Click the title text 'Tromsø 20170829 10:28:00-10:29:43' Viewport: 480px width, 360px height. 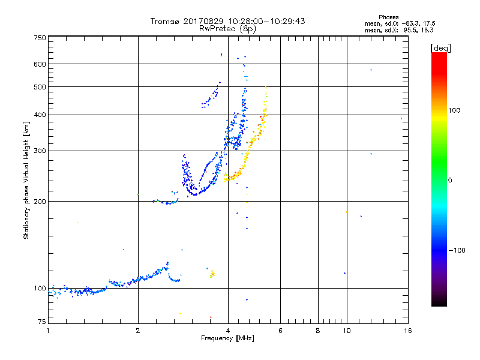pyautogui.click(x=228, y=21)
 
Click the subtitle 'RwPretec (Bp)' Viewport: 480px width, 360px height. pyautogui.click(x=228, y=28)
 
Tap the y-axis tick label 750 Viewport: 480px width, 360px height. pyautogui.click(x=40, y=38)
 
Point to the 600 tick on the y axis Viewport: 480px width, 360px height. pyautogui.click(x=40, y=64)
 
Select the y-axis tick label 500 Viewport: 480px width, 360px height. pyautogui.click(x=40, y=87)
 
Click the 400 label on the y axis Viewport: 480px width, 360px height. pyautogui.click(x=40, y=115)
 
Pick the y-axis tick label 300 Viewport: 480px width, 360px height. pyautogui.click(x=40, y=151)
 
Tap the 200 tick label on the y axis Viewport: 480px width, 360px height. pyautogui.click(x=40, y=202)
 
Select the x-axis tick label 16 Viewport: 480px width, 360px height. pyautogui.click(x=407, y=331)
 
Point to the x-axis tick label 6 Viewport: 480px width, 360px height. pyautogui.click(x=281, y=331)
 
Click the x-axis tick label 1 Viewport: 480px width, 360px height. pyautogui.click(x=49, y=331)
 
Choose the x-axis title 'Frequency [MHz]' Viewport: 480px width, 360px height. pyautogui.click(x=228, y=339)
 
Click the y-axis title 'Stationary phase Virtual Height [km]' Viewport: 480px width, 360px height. pyautogui.click(x=26, y=180)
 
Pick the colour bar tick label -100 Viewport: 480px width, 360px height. pyautogui.click(x=457, y=250)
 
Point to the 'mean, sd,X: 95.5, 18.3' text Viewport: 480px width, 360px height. pyautogui.click(x=399, y=29)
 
